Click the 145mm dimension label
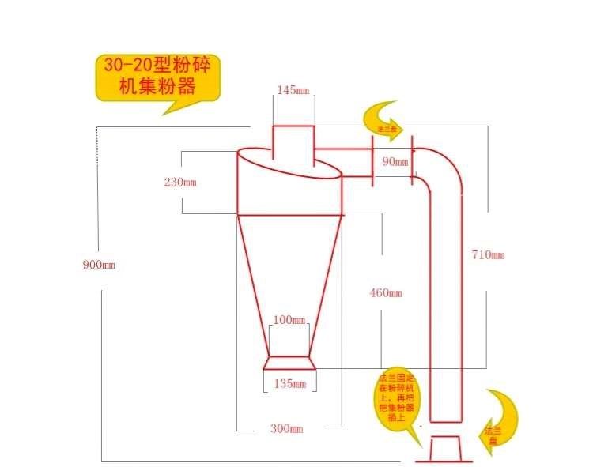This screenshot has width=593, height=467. coord(293,89)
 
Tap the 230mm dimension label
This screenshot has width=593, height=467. coord(179,182)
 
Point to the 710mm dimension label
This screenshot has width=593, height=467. coord(485,254)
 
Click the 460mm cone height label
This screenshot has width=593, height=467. coord(385,293)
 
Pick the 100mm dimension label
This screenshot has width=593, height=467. coord(289,320)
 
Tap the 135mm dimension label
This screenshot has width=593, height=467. coord(289,384)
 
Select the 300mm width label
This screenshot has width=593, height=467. coord(285,428)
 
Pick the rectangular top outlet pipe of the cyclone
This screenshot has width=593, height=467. coord(293,144)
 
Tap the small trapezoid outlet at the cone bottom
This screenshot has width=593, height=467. coord(289,363)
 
